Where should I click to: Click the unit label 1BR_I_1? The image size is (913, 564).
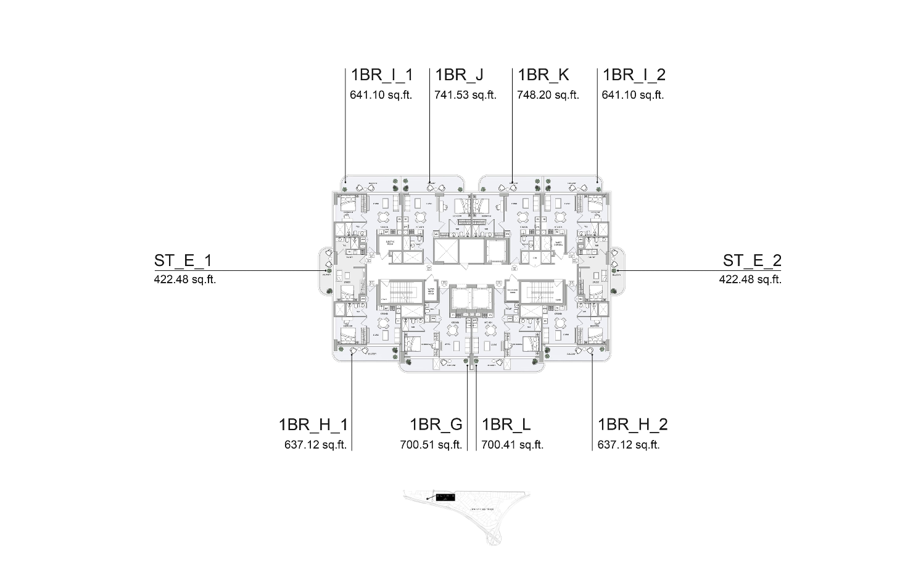[381, 75]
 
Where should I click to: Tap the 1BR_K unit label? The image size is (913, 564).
[543, 75]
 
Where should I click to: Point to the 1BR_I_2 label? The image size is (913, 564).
[634, 75]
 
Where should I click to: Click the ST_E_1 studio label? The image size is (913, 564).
[183, 261]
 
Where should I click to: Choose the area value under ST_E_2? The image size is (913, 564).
[750, 280]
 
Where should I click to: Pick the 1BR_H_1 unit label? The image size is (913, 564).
[313, 425]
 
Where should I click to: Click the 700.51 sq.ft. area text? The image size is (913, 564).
[431, 445]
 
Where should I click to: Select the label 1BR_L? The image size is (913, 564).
[506, 425]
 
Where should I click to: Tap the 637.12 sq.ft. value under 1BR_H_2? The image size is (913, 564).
[629, 445]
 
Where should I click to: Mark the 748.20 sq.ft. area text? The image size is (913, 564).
[548, 95]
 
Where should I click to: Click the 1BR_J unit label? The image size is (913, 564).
[459, 75]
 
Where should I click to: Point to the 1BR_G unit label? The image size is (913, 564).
[436, 425]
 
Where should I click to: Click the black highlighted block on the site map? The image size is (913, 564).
[444, 497]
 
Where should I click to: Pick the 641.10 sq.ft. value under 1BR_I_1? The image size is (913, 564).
[381, 95]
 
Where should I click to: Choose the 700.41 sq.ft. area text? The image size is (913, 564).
[512, 445]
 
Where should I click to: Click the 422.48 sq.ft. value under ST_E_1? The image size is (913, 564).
[184, 280]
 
